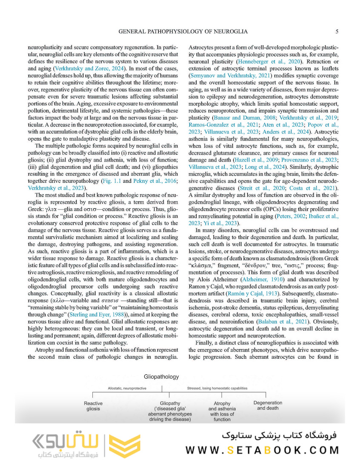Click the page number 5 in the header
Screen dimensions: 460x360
pyautogui.click(x=337, y=32)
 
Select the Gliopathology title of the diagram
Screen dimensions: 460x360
pyautogui.click(x=161, y=377)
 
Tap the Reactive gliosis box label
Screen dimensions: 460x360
pyautogui.click(x=93, y=406)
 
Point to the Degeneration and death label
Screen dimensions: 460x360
pyautogui.click(x=268, y=405)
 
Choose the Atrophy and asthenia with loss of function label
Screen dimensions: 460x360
pyautogui.click(x=222, y=411)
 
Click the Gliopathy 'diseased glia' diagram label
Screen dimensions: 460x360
pyautogui.click(x=170, y=411)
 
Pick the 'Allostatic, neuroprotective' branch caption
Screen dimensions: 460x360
pyautogui.click(x=127, y=388)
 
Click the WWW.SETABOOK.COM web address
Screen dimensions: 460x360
pyautogui.click(x=262, y=450)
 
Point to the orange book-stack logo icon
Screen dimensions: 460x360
pyautogui.click(x=125, y=446)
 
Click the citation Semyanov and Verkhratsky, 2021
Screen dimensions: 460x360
pyautogui.click(x=230, y=75)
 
